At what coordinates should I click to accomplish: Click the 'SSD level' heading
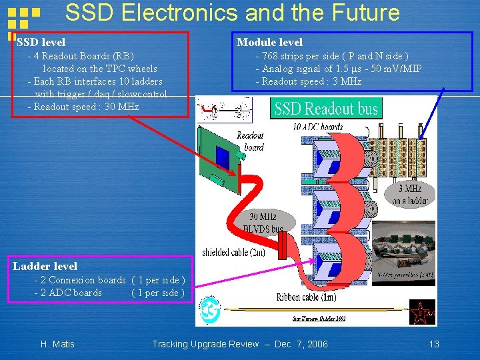[41, 43]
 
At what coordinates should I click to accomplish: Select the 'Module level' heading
[269, 43]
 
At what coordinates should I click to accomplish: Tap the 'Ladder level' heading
[45, 266]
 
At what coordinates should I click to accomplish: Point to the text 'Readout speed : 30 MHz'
[86, 107]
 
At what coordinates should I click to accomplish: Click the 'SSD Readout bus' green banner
[326, 108]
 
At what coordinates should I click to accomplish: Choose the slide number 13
[434, 344]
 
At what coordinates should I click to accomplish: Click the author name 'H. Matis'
[57, 344]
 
